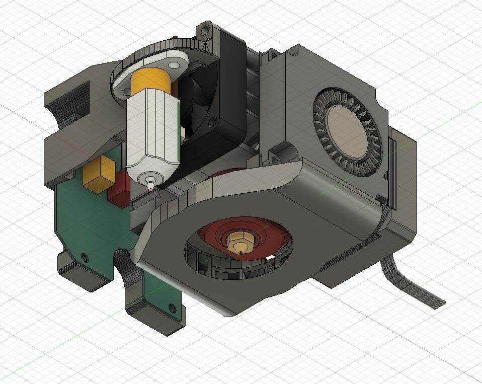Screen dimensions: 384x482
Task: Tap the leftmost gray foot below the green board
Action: click(x=75, y=274)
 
